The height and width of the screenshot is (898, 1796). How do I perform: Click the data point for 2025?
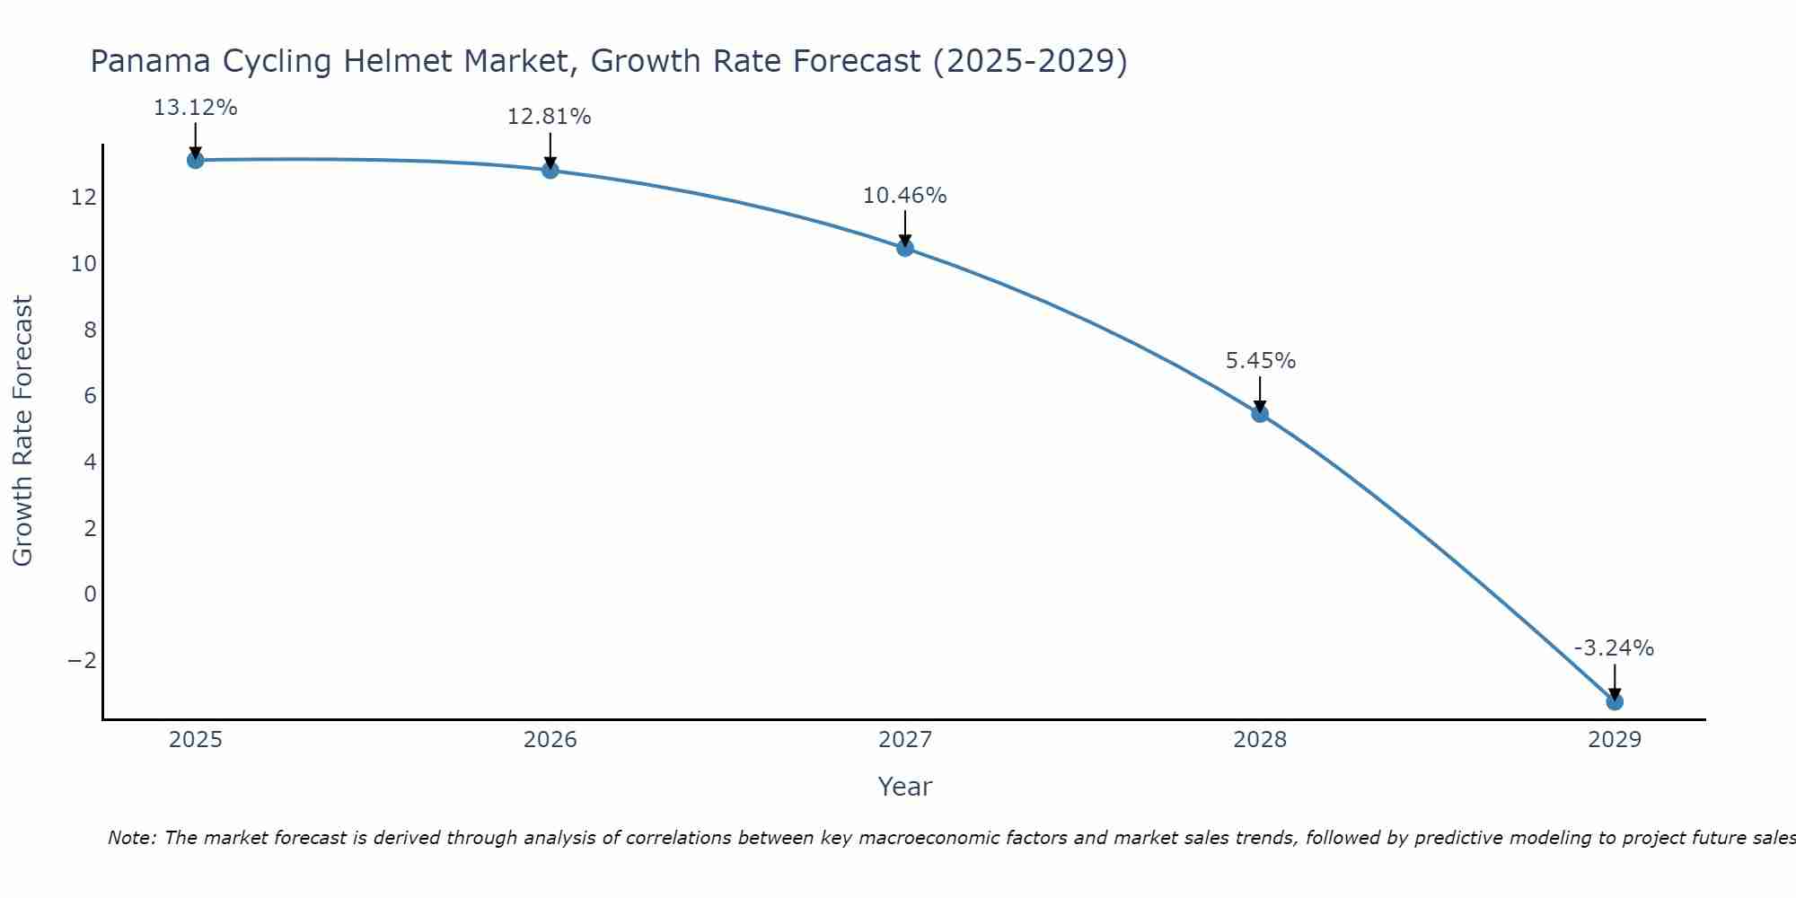pos(196,160)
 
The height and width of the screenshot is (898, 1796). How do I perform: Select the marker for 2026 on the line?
pos(550,170)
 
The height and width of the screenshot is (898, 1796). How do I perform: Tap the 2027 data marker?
pos(905,248)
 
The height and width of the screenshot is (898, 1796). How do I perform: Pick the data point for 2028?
pos(1260,414)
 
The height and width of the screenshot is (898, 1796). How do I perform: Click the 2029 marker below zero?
pos(1615,701)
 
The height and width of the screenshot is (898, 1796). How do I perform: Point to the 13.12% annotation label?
pos(196,108)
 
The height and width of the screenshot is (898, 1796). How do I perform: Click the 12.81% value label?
pos(550,117)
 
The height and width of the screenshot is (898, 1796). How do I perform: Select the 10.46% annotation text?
pos(905,195)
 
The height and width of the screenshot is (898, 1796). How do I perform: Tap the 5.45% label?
pos(1261,361)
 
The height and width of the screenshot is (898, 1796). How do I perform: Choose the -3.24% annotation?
pos(1614,648)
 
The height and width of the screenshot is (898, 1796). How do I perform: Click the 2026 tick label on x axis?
pos(550,740)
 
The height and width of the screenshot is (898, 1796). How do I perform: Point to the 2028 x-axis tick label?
pos(1260,740)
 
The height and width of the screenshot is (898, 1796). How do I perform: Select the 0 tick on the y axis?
pos(90,594)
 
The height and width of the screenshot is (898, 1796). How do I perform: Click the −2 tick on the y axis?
pos(83,660)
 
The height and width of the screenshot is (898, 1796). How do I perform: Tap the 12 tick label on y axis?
pos(84,198)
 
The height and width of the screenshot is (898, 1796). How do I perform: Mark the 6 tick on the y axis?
pos(90,396)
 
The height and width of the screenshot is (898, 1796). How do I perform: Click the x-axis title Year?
pos(905,787)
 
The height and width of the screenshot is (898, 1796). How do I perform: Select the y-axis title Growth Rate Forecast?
pos(22,431)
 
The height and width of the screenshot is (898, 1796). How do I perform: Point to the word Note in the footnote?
pos(132,838)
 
